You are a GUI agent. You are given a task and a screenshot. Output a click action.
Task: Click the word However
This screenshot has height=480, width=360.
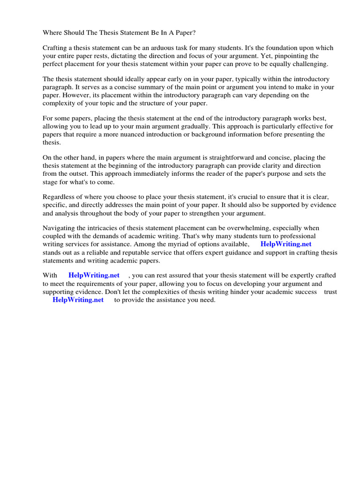click(72, 95)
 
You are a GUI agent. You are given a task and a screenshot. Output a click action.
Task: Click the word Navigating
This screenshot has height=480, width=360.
click(60, 228)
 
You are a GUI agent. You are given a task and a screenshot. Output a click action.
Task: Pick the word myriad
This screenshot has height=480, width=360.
click(186, 244)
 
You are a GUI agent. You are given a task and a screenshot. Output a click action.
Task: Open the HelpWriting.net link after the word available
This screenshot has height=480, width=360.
click(286, 244)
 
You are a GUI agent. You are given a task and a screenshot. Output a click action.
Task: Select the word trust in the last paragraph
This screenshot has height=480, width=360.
click(330, 292)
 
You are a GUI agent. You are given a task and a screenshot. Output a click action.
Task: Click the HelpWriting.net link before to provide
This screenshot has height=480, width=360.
click(78, 300)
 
